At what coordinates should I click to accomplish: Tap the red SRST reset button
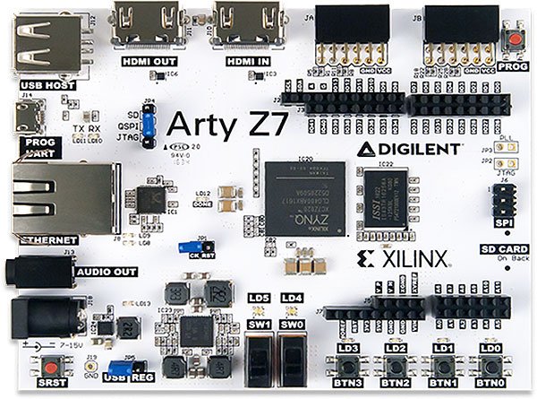(45, 368)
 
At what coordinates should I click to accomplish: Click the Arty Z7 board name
(227, 124)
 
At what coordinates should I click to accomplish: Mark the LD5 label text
(260, 297)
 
